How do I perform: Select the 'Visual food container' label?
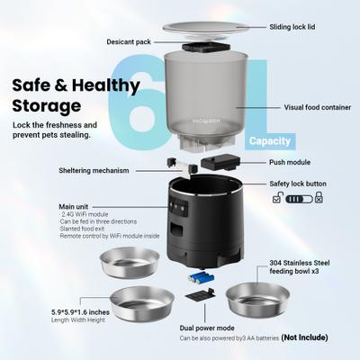306,106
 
